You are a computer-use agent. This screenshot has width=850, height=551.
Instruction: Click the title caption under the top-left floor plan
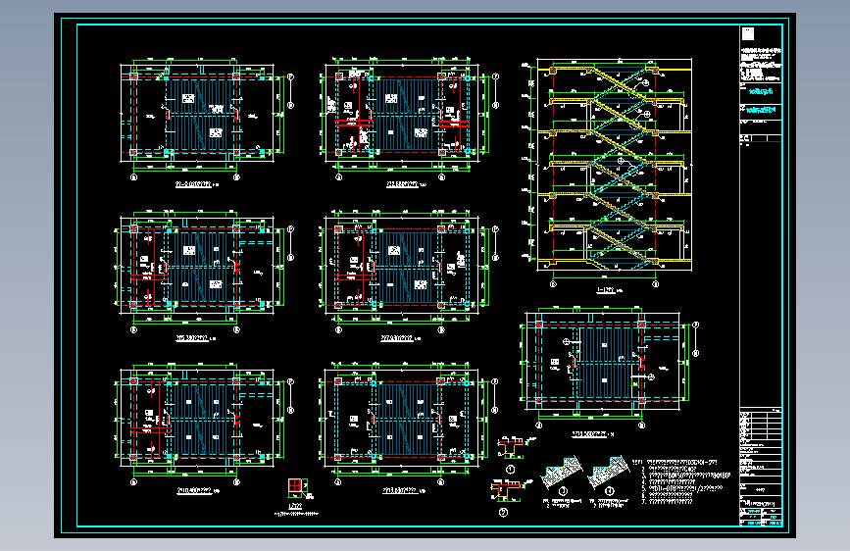(x=195, y=182)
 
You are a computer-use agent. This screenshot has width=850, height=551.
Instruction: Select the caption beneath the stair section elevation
(x=607, y=290)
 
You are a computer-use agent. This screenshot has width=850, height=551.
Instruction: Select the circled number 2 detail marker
(x=503, y=511)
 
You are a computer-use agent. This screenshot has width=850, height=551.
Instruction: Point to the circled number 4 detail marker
(x=611, y=491)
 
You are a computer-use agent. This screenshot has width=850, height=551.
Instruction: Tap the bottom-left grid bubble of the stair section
(x=554, y=284)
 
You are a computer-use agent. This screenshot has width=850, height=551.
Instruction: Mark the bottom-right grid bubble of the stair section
(x=654, y=284)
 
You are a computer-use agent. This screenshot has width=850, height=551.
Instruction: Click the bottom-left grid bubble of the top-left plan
(x=134, y=178)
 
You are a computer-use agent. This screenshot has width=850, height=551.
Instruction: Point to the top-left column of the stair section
(x=553, y=71)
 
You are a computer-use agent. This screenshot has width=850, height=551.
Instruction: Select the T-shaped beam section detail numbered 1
(x=512, y=447)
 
